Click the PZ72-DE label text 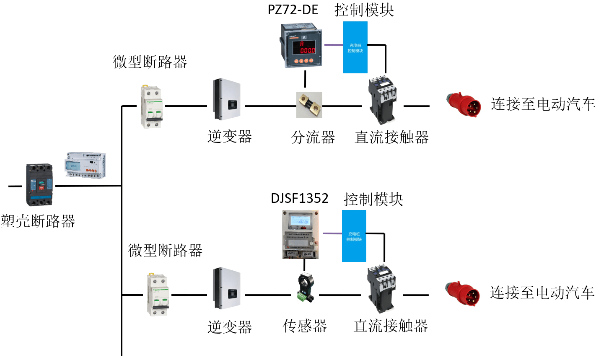click(293, 10)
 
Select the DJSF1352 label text click(299, 198)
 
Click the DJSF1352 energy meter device click(300, 234)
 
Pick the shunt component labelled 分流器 click(309, 105)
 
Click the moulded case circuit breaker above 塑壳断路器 click(40, 184)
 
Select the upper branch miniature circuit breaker click(151, 106)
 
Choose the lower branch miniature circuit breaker click(158, 294)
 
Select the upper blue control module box click(355, 47)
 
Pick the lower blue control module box click(354, 236)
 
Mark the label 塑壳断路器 click(38, 221)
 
